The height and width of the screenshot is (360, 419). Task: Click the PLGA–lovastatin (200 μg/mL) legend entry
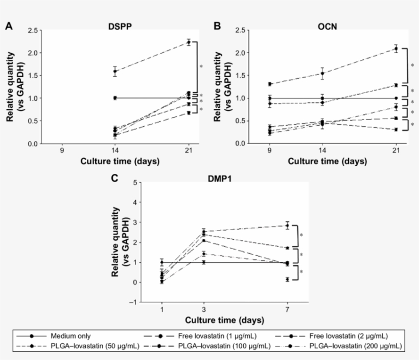[x=361, y=346]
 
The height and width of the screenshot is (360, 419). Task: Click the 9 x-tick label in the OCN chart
[x=269, y=151]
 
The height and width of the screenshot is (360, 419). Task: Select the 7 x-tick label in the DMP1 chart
[x=287, y=310]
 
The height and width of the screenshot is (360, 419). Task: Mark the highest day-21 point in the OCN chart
[x=396, y=49]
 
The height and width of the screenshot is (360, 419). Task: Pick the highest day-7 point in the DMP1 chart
[x=287, y=226]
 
